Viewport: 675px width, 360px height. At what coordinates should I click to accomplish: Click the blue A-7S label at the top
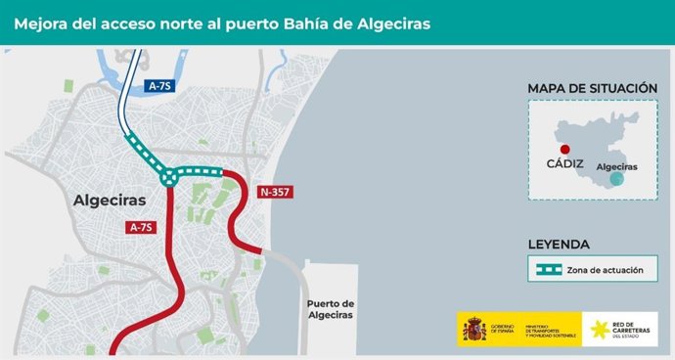[x=159, y=86]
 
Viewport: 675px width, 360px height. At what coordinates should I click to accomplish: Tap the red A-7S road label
[x=142, y=227]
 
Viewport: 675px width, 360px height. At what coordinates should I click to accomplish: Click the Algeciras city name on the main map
[x=110, y=201]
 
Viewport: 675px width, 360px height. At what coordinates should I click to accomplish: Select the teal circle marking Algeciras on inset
[x=616, y=179]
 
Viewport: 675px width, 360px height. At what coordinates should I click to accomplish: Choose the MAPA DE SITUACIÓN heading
[x=592, y=88]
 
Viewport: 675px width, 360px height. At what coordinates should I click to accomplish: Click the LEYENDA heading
[x=559, y=244]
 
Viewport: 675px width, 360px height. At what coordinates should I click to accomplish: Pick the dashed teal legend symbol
[x=545, y=269]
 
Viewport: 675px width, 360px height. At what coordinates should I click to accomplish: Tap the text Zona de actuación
[x=605, y=269]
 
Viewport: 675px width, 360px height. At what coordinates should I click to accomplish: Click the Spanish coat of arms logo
[x=474, y=330]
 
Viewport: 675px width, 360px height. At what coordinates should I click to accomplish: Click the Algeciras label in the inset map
[x=616, y=166]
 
